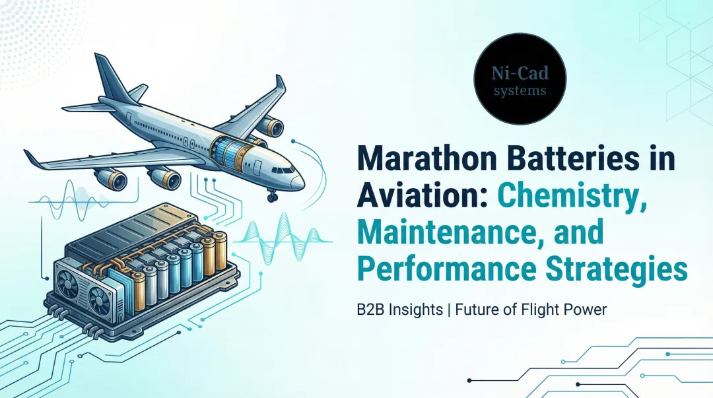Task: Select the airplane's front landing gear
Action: coord(271,196)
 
